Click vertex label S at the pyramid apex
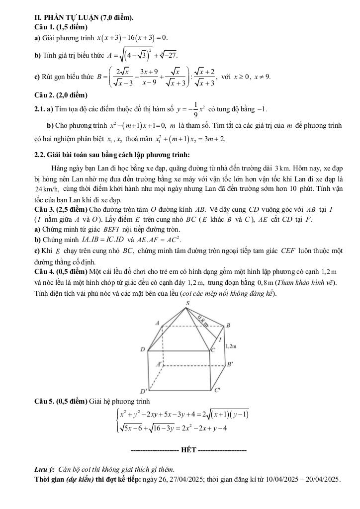(187, 303)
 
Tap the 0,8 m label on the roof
(203, 320)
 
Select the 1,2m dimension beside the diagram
(230, 345)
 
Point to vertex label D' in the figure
(143, 393)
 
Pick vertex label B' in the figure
(230, 364)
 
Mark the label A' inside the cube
(160, 364)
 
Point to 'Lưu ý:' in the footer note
(44, 469)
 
